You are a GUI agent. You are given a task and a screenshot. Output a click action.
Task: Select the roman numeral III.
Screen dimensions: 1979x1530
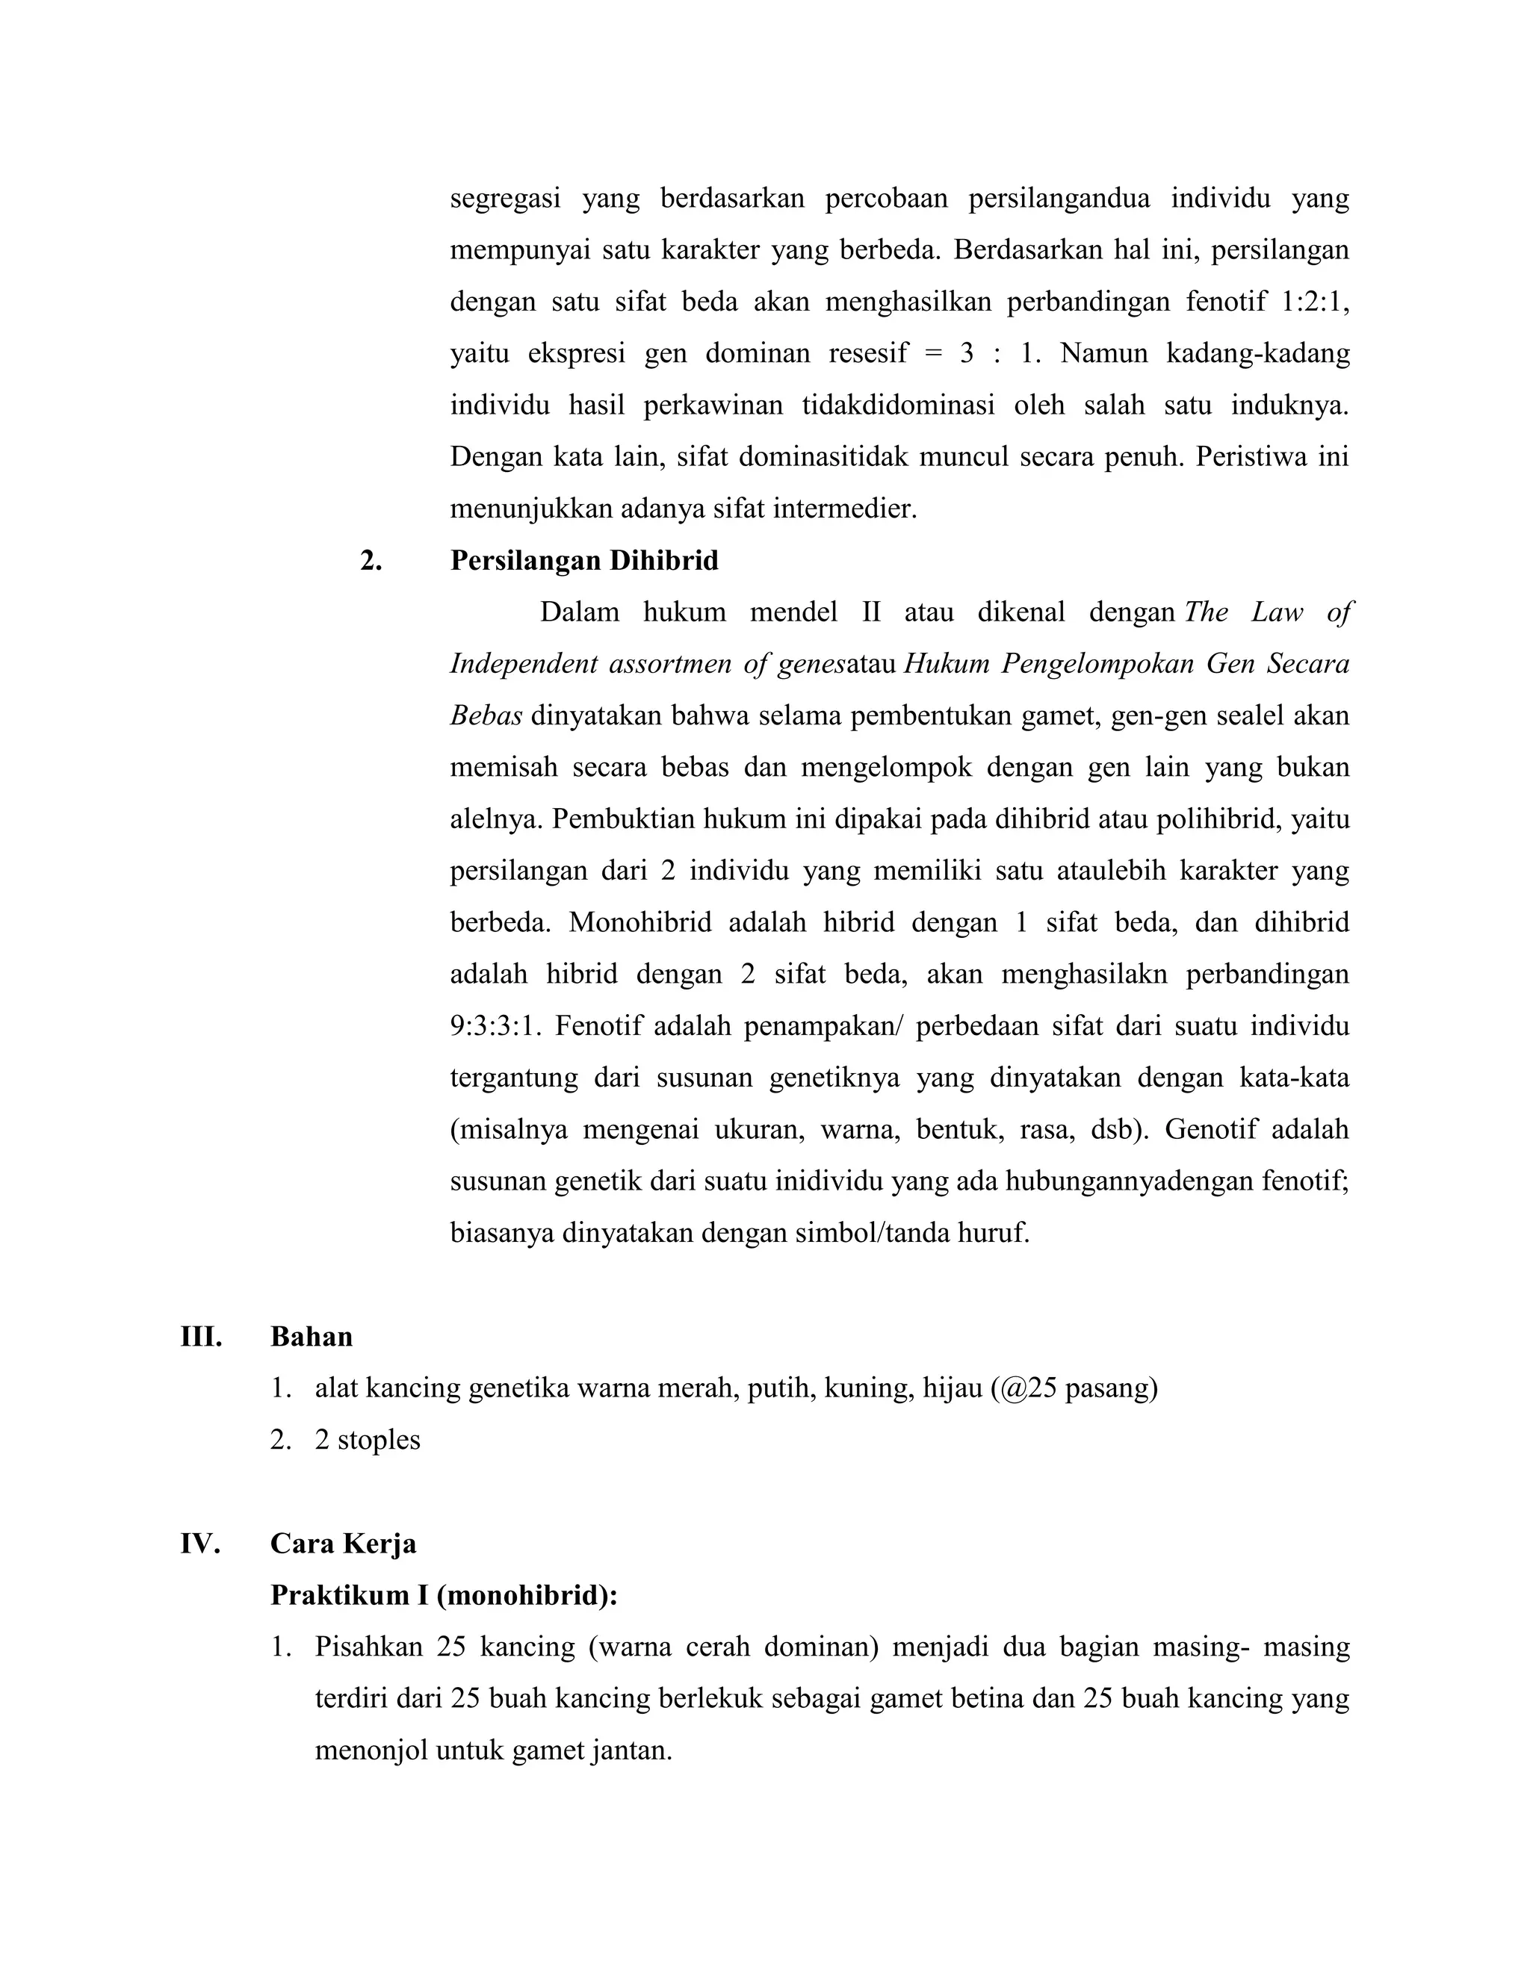(x=201, y=1337)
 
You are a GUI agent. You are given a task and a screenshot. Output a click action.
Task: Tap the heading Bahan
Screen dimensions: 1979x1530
(x=311, y=1337)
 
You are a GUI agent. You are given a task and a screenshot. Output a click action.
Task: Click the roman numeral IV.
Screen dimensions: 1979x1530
(x=200, y=1543)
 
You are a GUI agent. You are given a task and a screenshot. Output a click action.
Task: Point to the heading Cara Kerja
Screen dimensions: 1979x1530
(x=343, y=1543)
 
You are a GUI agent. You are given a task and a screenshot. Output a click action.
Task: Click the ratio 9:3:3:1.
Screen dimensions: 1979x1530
(x=495, y=1027)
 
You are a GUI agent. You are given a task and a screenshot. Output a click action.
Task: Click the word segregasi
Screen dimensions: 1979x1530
(x=505, y=199)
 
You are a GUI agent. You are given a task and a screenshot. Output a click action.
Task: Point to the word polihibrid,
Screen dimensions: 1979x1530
(x=1217, y=819)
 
